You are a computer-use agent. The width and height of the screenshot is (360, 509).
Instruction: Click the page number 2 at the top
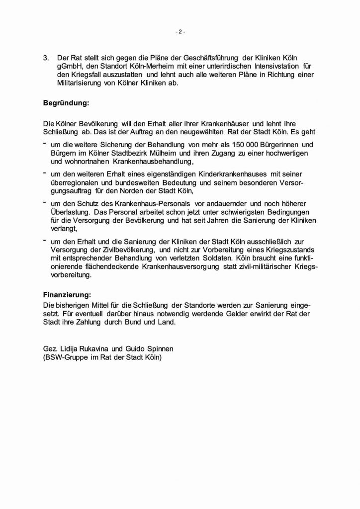click(x=180, y=33)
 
